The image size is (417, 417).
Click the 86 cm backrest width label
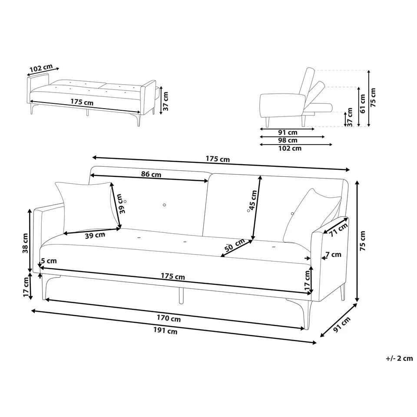tap(151, 175)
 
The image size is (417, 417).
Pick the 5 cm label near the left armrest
tap(49, 261)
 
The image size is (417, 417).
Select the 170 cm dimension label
tap(169, 318)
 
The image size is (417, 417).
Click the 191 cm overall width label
tap(166, 331)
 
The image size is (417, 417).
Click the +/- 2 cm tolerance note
tap(399, 358)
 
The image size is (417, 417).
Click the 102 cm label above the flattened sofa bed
tap(41, 69)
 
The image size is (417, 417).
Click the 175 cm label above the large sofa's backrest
tap(218, 159)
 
